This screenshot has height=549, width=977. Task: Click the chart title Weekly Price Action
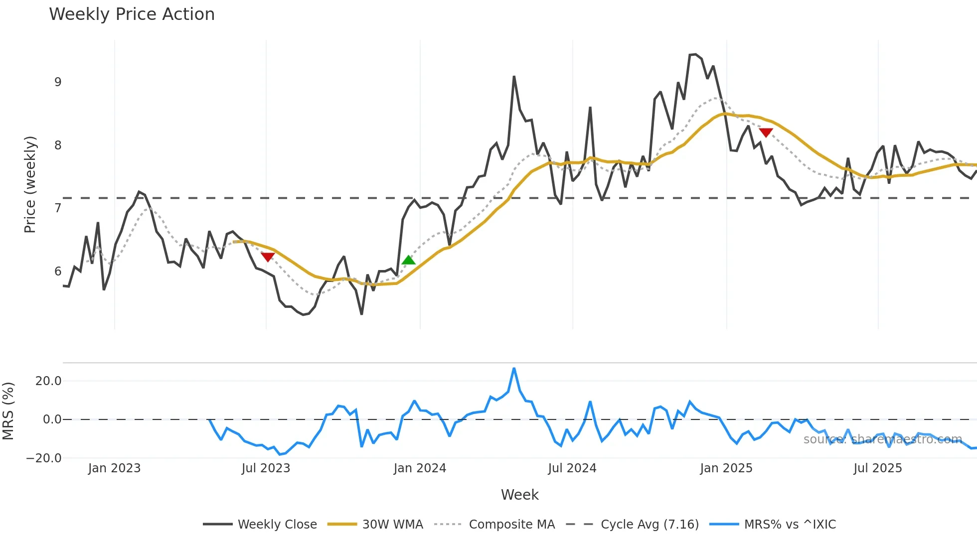pos(132,14)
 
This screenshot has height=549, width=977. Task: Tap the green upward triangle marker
pos(408,260)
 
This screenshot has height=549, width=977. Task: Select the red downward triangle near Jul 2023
pos(268,257)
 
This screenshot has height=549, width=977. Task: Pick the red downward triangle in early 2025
pos(766,133)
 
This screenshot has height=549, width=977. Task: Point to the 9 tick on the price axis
pos(58,82)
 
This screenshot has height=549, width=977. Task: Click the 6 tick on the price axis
pos(58,272)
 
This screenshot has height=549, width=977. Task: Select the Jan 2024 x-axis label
pos(420,468)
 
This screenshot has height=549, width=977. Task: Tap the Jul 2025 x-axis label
pos(878,468)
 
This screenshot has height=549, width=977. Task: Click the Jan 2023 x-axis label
pos(114,468)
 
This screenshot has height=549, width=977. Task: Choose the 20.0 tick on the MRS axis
pos(48,381)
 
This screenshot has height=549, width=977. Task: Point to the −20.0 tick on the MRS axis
pos(44,458)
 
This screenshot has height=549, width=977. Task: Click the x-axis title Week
pos(519,495)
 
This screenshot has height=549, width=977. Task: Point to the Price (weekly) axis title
pos(30,184)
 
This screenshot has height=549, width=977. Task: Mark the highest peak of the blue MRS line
pos(514,369)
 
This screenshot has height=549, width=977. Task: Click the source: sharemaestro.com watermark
pos(882,439)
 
